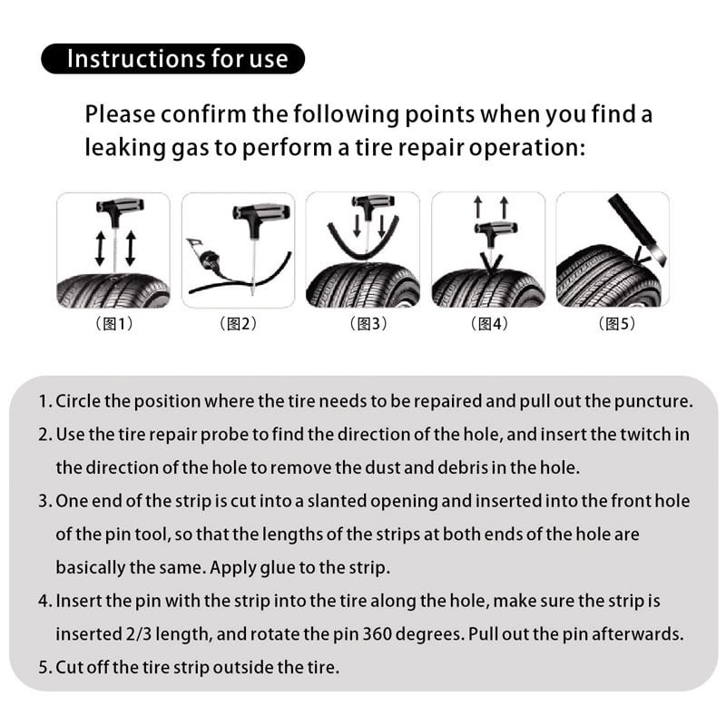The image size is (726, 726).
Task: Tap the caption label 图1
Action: click(x=113, y=324)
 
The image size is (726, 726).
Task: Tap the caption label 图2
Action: click(x=239, y=324)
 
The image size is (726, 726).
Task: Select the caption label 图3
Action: click(x=363, y=324)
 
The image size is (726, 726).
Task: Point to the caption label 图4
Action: click(x=488, y=324)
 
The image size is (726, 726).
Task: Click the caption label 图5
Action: click(x=613, y=324)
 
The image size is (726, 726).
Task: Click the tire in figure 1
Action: click(x=113, y=290)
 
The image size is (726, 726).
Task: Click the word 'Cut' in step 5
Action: click(x=69, y=667)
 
